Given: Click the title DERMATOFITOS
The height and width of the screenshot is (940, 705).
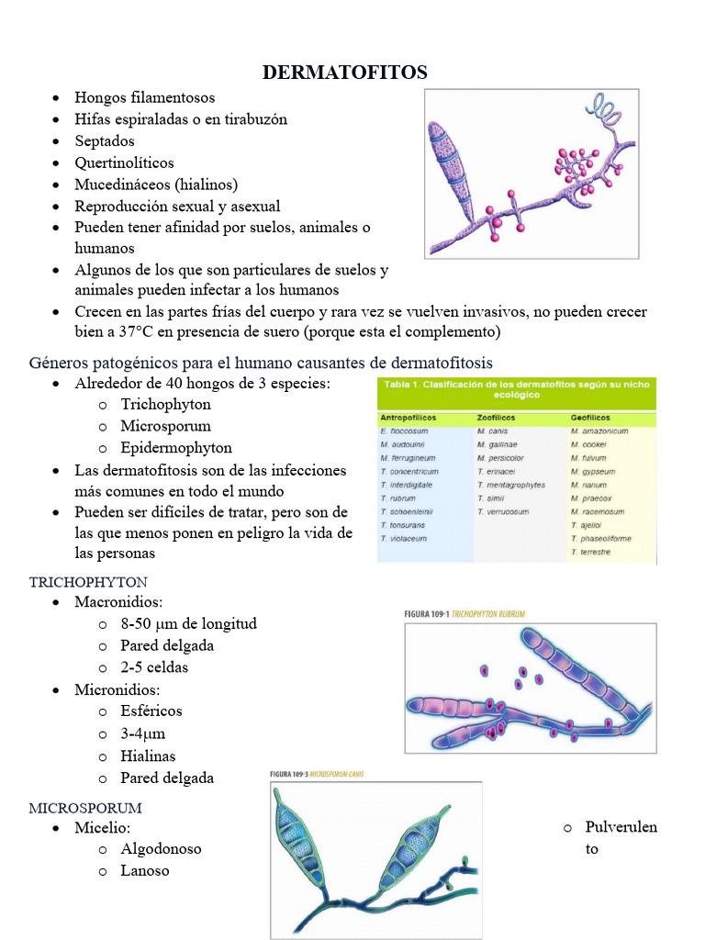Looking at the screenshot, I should pos(344,73).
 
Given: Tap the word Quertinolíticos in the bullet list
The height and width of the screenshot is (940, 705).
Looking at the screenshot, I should pos(124,162).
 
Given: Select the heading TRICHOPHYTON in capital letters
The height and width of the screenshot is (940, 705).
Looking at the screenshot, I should pos(88,582).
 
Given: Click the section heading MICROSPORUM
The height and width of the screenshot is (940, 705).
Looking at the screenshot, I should pos(85,808).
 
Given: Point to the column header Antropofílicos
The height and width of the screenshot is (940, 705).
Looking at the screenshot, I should pos(408,418).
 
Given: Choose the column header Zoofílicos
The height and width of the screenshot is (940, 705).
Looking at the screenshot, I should pos(496,418).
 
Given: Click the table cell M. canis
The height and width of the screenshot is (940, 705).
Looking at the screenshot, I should pos(493,431).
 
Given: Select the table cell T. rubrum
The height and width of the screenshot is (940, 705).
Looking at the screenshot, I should pos(397,498).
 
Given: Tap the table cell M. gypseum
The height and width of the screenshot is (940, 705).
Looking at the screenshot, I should pos(593,471).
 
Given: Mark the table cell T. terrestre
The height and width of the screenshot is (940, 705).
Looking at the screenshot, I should pos(590,552).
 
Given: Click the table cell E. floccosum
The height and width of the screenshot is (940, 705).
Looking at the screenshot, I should pos(405,431).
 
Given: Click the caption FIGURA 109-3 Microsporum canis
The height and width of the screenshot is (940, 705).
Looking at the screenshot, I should pos(317,774).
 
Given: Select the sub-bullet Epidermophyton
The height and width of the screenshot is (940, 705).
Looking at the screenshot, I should pos(176,448).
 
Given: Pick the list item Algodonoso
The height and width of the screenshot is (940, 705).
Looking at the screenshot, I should pos(161,849).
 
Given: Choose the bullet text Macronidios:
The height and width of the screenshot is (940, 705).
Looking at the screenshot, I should pos(118,602).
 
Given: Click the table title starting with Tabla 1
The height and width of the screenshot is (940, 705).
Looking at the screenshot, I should pos(517,389).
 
